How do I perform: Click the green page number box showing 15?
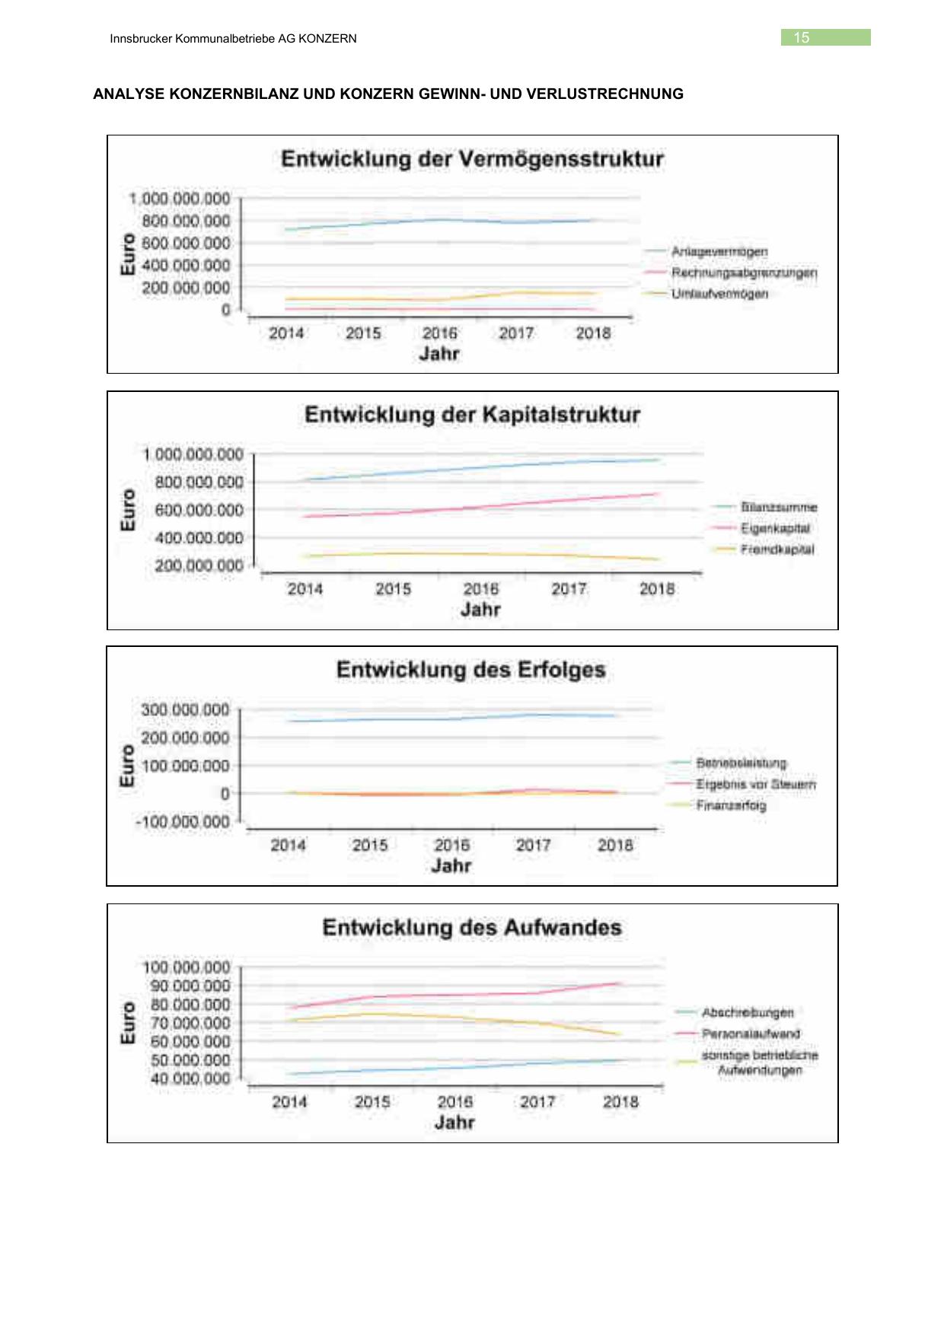pos(825,37)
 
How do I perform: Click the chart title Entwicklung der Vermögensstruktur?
pos(472,159)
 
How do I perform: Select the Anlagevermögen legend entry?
pos(719,251)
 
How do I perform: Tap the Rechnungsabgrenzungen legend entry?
pos(744,272)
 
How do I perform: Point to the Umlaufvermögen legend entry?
pos(719,294)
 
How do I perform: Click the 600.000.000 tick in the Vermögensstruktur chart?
pos(186,243)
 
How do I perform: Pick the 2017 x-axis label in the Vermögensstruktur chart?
pos(516,333)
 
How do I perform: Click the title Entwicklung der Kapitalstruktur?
pos(472,415)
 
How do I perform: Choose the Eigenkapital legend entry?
pos(775,528)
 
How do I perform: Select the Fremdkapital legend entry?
pos(777,550)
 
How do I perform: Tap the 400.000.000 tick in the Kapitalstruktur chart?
pos(199,538)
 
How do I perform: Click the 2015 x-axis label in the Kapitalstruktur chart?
pos(393,589)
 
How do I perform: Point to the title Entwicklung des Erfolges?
pos(470,670)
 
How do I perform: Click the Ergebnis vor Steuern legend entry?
pos(755,784)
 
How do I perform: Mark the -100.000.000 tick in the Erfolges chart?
pos(183,822)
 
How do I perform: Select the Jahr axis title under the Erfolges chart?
pos(451,865)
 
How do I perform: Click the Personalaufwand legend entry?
pos(751,1034)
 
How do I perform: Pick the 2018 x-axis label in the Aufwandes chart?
pos(620,1102)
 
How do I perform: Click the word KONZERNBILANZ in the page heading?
pos(234,94)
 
